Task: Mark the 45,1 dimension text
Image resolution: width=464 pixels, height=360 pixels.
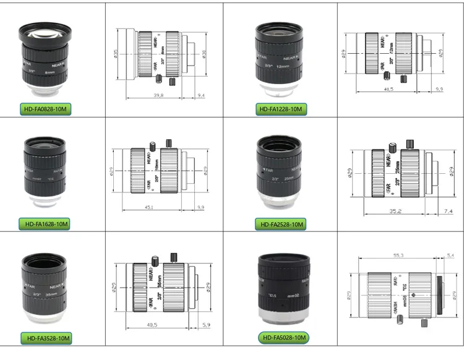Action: [x=150, y=207]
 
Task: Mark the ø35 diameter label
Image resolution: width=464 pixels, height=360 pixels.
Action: [x=116, y=54]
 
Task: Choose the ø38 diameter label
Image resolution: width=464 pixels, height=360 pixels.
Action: [x=206, y=54]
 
